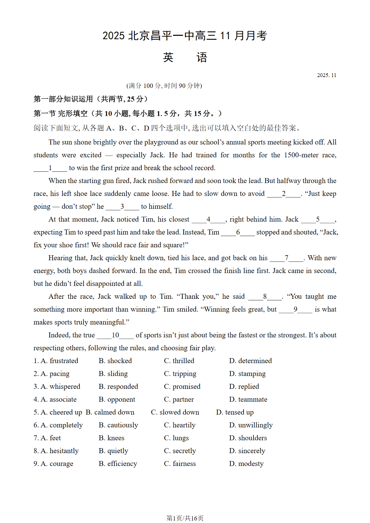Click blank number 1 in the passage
tap(50, 168)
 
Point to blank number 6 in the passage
tap(238, 232)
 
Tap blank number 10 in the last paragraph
tap(115, 335)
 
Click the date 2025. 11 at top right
tap(327, 75)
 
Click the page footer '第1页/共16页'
tap(185, 518)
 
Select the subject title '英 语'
tap(185, 57)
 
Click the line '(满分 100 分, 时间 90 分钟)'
tap(164, 86)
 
